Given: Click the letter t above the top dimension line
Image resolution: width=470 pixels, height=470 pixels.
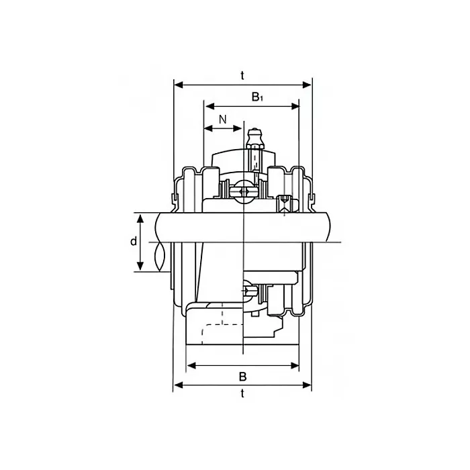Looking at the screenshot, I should pos(242,76).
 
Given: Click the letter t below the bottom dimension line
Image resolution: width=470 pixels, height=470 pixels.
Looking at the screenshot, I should pos(242,394).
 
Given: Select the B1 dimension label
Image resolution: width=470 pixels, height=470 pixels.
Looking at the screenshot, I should pos(257,97).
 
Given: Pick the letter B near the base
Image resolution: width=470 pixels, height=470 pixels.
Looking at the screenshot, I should pos(242,376).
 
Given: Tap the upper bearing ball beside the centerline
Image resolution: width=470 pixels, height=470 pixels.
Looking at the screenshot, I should pos(243,191).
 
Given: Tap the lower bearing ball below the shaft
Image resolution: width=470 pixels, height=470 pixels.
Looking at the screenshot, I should pos(249,292).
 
